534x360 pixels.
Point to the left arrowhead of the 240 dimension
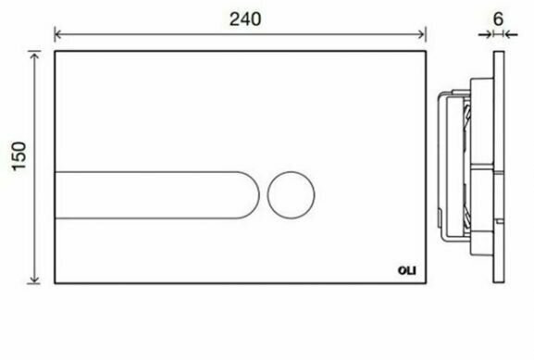pos(58,35)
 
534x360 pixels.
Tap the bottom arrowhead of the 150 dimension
pos(35,279)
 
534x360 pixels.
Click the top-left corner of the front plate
pos(56,52)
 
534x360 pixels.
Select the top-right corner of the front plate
pos(426,52)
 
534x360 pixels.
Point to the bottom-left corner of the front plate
pos(56,284)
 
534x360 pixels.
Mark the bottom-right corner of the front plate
pos(426,284)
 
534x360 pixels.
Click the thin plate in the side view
pos(501,167)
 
